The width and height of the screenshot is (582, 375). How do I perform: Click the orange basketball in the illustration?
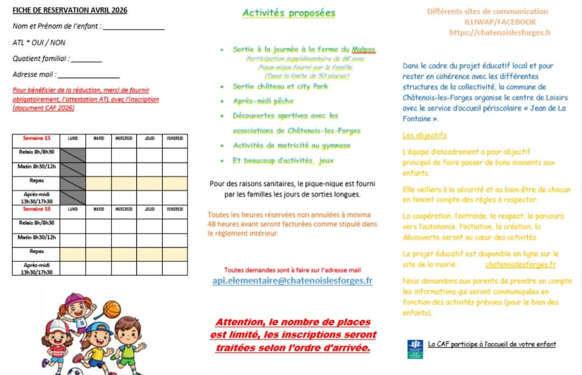click(x=112, y=309)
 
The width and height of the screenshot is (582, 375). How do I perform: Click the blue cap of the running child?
click(x=102, y=329)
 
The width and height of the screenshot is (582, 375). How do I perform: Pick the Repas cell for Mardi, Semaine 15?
click(x=99, y=183)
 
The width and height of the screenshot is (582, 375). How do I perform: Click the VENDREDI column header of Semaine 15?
click(x=175, y=138)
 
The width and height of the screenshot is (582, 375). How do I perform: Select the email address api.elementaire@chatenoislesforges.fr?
click(x=292, y=281)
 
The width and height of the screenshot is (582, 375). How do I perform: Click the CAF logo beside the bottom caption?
click(x=414, y=349)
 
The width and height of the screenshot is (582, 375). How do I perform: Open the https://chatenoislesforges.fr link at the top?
click(x=500, y=32)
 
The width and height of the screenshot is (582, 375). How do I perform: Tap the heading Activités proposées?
click(x=288, y=13)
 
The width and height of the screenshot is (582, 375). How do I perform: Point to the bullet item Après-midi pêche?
click(x=263, y=101)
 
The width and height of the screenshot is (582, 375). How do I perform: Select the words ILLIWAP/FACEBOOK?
click(x=500, y=22)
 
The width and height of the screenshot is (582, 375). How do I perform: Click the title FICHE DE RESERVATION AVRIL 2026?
click(x=70, y=10)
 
